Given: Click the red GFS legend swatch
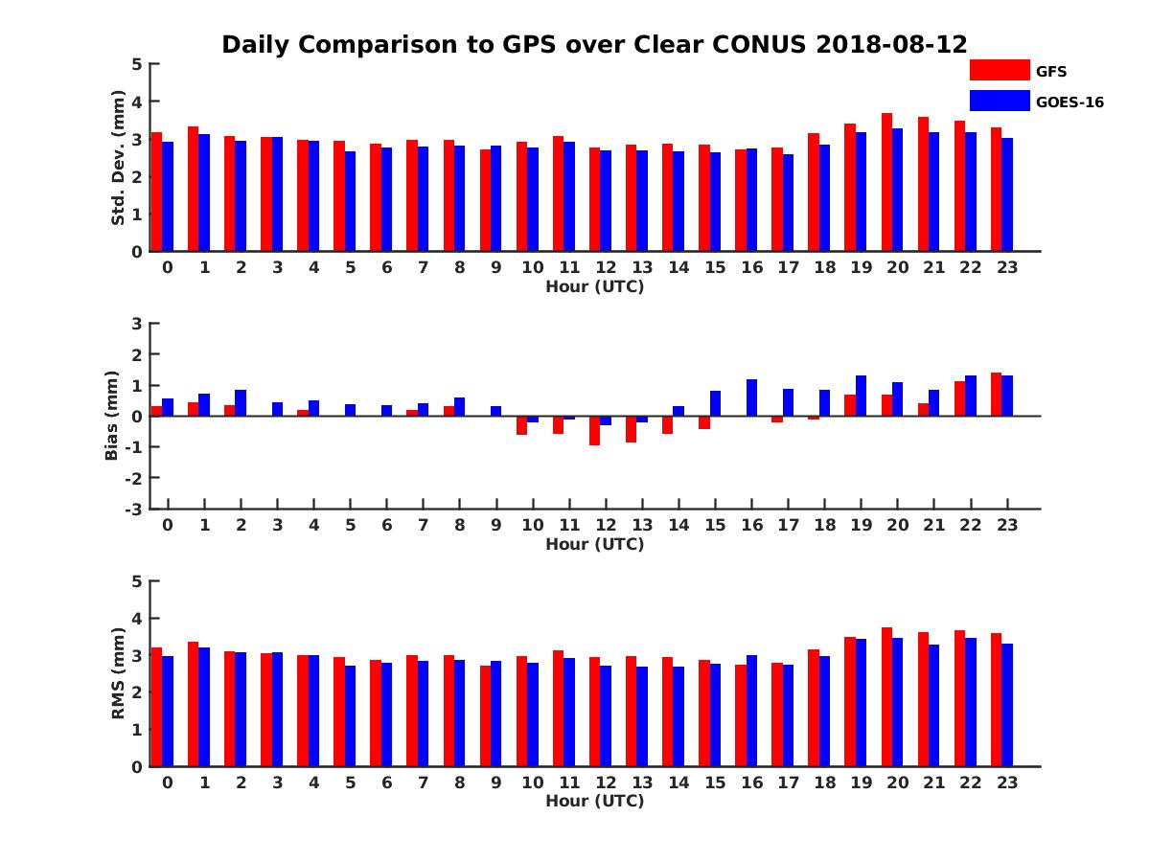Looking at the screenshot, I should point(1000,70).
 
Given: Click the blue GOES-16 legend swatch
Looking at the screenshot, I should point(1000,101).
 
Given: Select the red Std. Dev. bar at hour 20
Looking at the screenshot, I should point(886,182).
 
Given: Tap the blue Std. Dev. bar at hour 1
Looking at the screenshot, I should point(204,193).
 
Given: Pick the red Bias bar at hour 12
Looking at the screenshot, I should point(594,430).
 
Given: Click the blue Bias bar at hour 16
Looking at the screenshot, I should point(751,397).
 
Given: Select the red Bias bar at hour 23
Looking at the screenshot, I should point(996,394).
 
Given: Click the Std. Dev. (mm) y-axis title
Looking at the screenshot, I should point(119,158).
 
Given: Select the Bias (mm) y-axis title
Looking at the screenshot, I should point(112,417).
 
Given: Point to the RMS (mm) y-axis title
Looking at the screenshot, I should point(119,673).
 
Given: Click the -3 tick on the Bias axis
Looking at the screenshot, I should point(135,509).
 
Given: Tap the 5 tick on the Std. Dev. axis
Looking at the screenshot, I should point(137,64).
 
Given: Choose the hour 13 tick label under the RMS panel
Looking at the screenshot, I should point(632,782).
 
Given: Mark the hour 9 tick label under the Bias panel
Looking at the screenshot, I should point(496,525).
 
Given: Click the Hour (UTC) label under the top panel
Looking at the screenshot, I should point(594,286).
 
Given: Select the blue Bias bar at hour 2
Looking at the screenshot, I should point(241,402).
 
